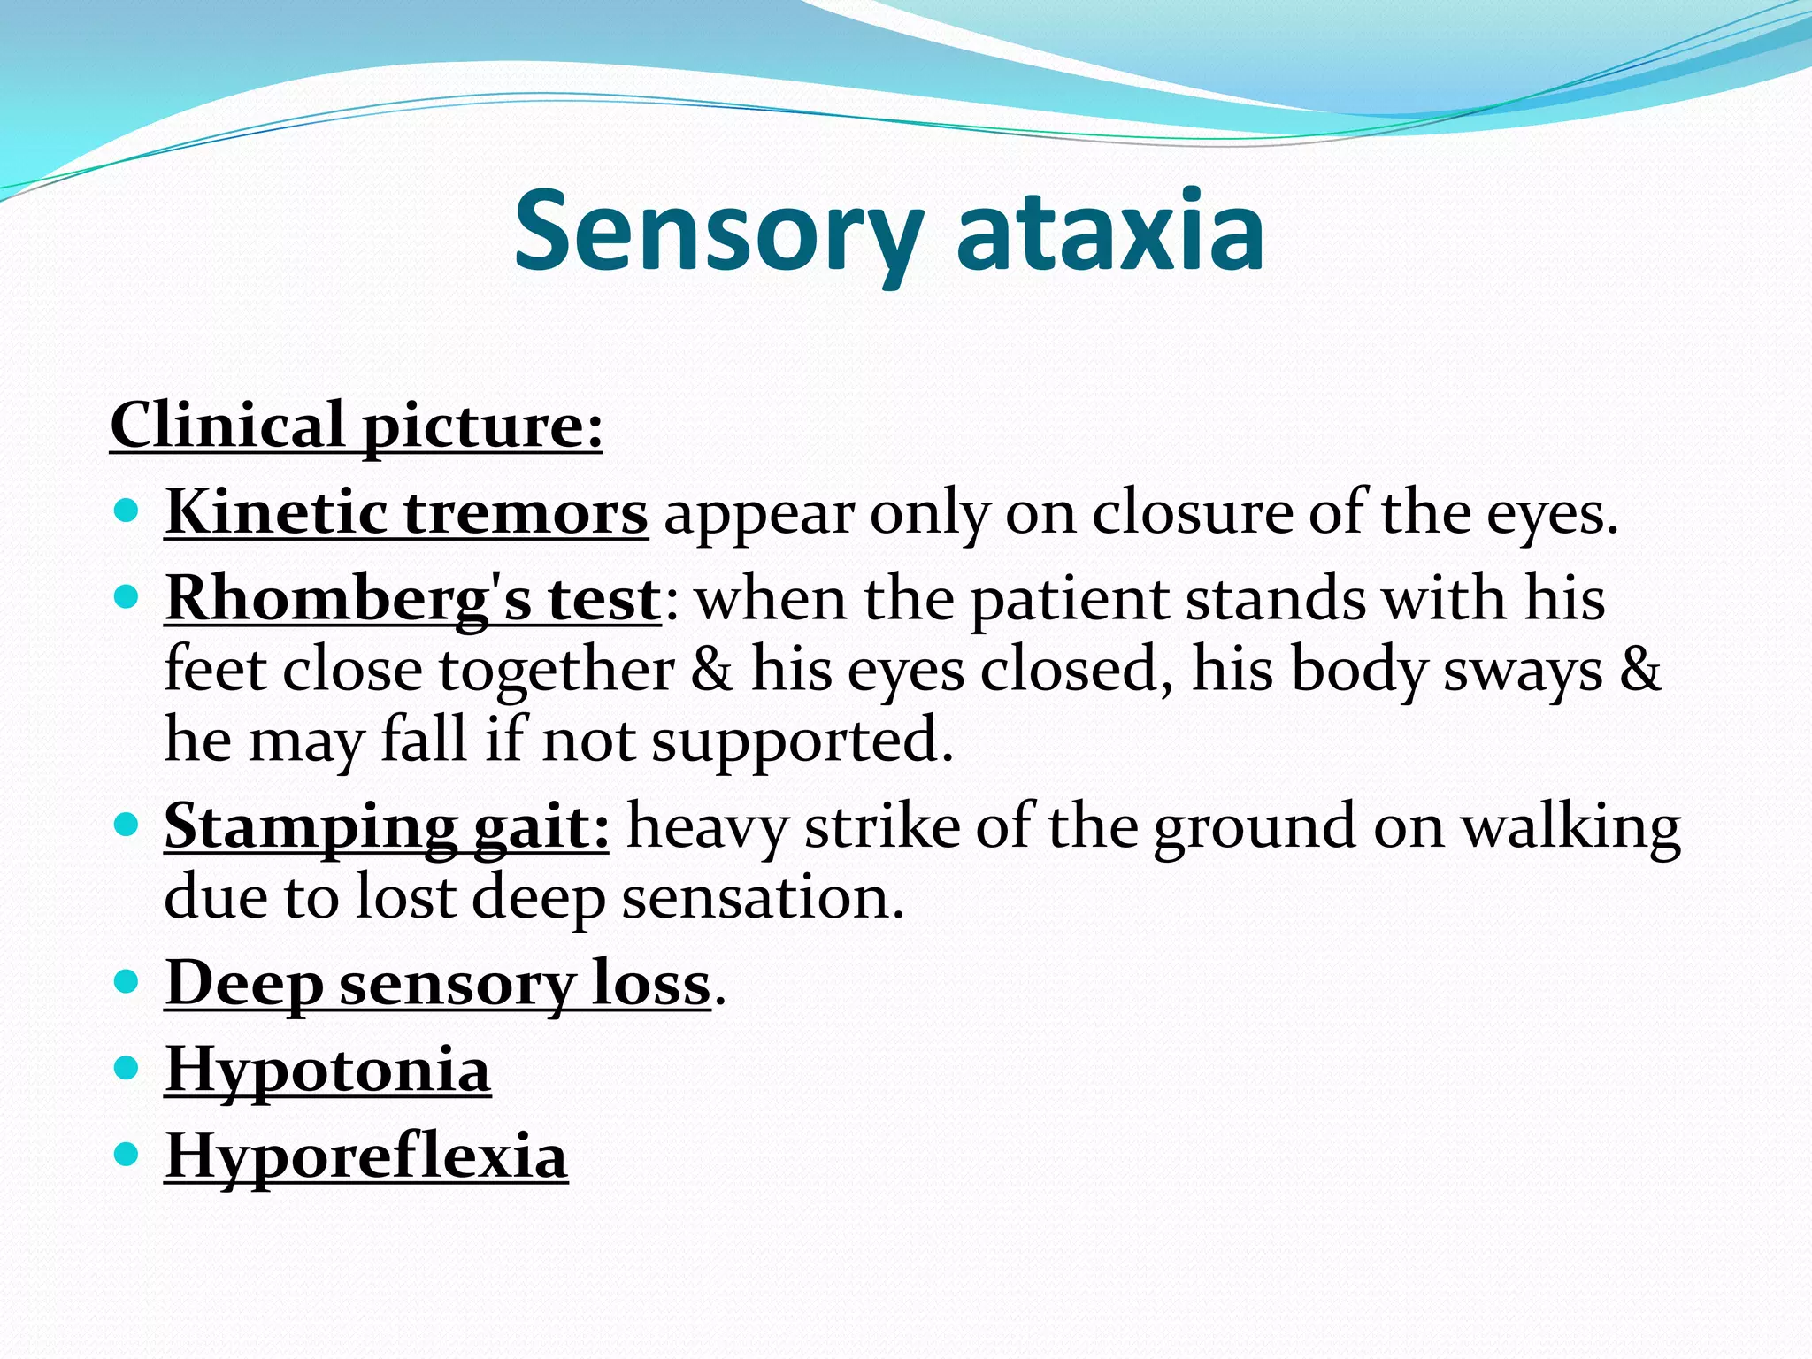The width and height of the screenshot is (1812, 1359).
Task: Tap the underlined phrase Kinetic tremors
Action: (x=406, y=512)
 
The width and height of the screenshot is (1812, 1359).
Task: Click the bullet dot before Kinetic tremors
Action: (x=127, y=511)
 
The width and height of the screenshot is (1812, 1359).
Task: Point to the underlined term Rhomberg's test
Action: (x=412, y=599)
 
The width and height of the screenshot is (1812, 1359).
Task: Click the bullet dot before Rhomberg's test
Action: (x=127, y=597)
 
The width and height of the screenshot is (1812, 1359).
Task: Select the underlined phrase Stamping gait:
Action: (x=387, y=826)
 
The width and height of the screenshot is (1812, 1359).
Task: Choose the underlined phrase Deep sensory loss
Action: (x=438, y=983)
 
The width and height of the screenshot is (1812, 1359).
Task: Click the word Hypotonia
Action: (x=327, y=1070)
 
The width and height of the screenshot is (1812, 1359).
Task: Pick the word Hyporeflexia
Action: (x=366, y=1156)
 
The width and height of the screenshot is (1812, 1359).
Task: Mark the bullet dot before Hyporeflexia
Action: (x=127, y=1154)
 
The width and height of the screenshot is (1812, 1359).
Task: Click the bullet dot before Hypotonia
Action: (x=127, y=1067)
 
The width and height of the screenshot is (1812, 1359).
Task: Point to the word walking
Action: (x=1570, y=826)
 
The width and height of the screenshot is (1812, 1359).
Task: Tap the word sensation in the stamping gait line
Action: (x=762, y=897)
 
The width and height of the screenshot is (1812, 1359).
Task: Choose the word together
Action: (x=557, y=670)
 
